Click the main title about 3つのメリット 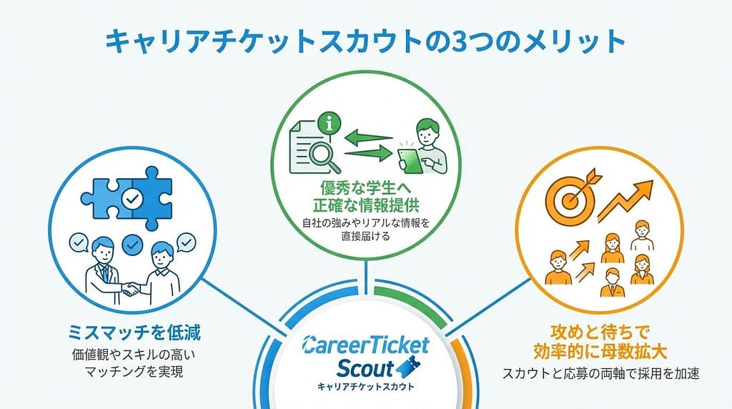click(x=365, y=41)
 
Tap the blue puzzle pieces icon click(x=127, y=198)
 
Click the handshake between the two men click(x=132, y=290)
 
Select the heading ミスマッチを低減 click(x=134, y=333)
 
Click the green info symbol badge click(x=330, y=124)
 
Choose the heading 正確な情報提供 click(x=365, y=205)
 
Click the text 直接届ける click(x=365, y=236)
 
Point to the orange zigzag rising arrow click(x=625, y=200)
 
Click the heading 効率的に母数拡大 click(x=600, y=352)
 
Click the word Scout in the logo click(x=365, y=368)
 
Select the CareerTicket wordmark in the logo click(x=365, y=345)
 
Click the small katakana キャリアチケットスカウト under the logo click(x=365, y=387)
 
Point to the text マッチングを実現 click(x=134, y=372)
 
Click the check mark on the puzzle click(x=132, y=199)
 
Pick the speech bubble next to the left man click(x=79, y=242)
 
